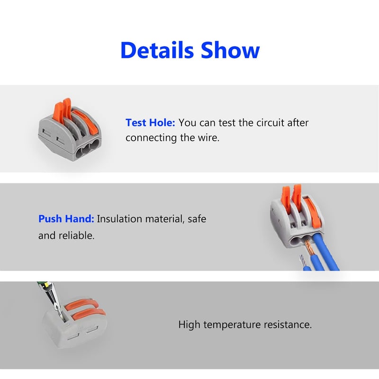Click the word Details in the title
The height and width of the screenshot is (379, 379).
157,50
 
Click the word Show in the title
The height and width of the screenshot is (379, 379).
230,50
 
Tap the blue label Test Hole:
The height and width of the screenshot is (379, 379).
150,123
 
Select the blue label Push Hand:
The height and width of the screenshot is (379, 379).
66,219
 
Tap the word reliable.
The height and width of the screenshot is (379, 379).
77,235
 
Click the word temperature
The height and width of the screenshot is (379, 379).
232,325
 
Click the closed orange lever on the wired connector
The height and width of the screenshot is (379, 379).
313,213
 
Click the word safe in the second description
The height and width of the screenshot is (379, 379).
197,219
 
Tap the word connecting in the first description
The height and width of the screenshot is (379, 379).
151,137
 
